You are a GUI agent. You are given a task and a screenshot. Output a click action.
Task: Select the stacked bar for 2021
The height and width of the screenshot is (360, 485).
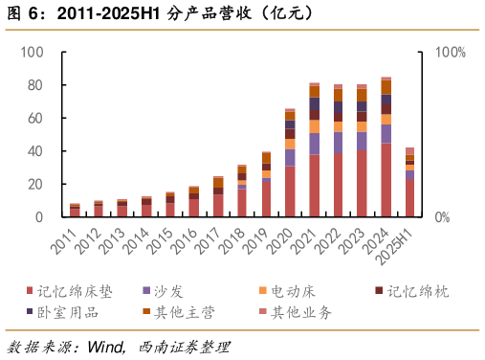click(x=314, y=150)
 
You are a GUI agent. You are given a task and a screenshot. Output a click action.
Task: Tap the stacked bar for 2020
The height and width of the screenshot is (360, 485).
click(x=290, y=163)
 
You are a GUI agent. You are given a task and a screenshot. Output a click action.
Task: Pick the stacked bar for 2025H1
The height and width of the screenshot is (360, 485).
click(x=409, y=183)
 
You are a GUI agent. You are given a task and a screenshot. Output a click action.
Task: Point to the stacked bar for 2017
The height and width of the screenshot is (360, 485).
click(x=218, y=197)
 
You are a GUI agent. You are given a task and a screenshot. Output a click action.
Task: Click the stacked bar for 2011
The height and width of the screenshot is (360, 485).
click(x=75, y=211)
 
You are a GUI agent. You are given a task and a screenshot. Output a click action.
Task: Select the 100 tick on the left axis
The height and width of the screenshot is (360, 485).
click(x=33, y=52)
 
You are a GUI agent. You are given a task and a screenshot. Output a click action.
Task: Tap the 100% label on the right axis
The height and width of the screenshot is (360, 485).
click(x=450, y=52)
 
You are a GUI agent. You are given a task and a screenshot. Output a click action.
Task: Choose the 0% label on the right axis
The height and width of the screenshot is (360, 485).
click(x=442, y=218)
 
